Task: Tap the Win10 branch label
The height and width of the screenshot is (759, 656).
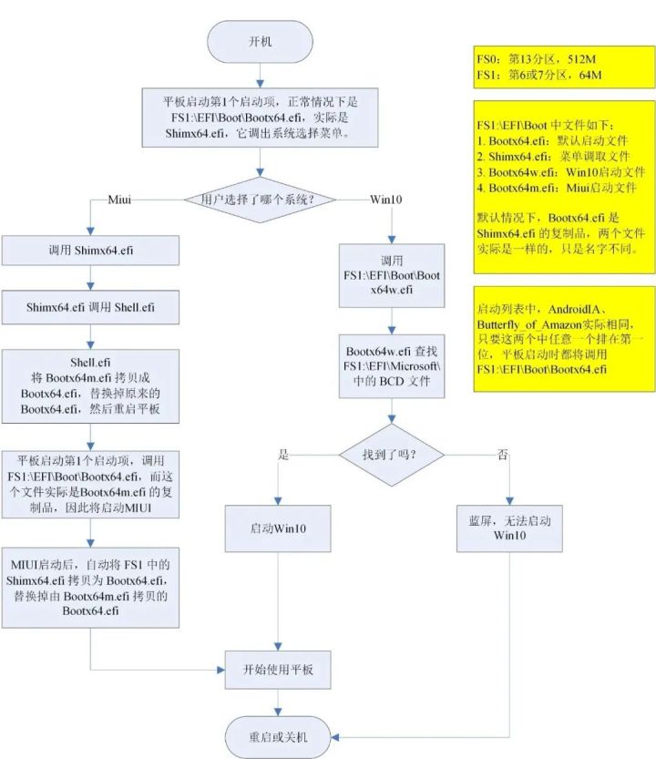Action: coord(387,199)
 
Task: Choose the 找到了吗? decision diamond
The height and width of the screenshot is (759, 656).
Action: coord(392,453)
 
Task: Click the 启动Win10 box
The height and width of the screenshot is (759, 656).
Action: coord(277,528)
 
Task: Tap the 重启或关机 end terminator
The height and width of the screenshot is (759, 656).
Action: coord(278,734)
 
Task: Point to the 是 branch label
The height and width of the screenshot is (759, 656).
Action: coord(283,454)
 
